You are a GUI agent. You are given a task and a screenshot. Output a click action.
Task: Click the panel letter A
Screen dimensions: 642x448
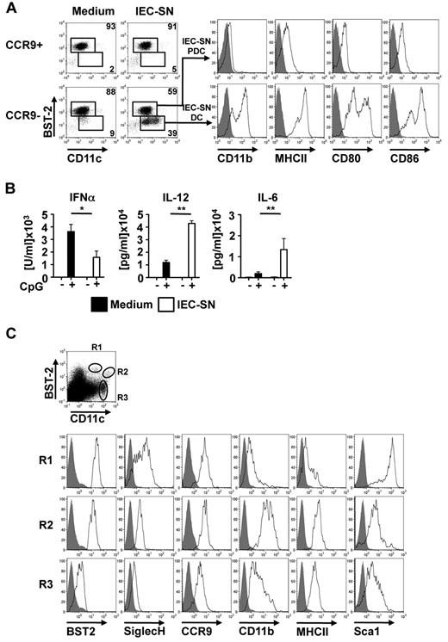[x=7, y=8]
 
